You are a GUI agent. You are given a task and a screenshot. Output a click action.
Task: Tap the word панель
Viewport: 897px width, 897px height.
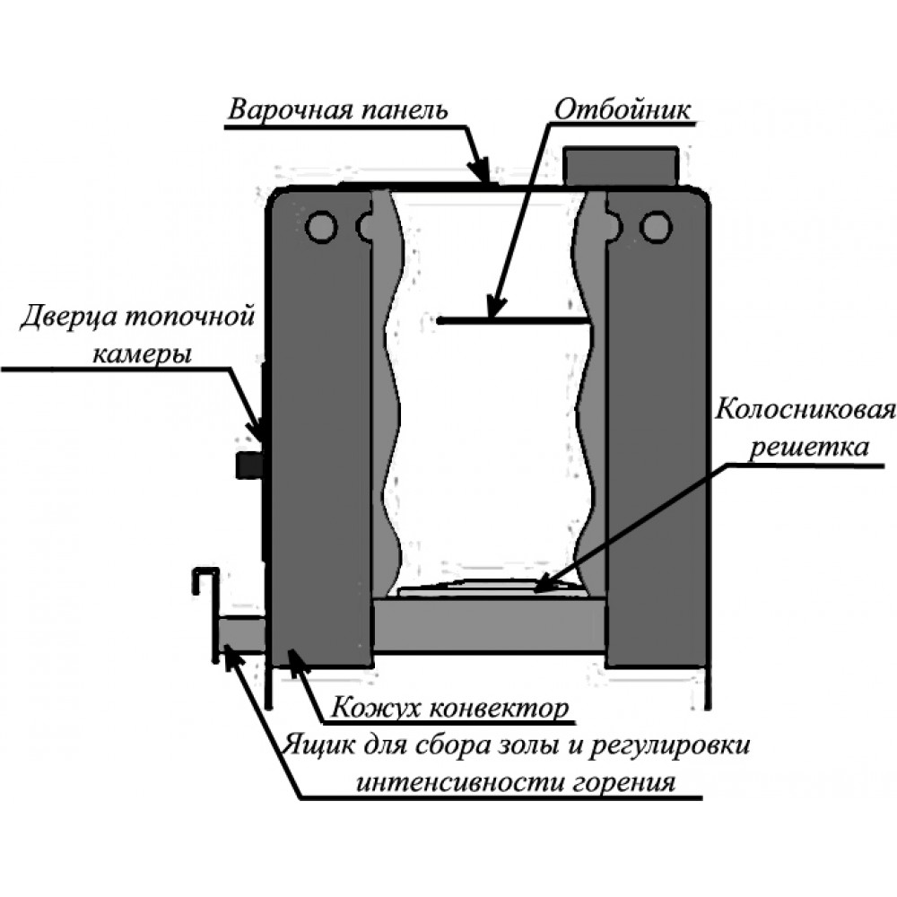coord(405,109)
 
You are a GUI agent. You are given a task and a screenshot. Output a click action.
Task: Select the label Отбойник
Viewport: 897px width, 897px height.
coord(623,109)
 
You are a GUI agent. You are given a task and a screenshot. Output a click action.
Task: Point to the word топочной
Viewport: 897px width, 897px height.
coord(188,317)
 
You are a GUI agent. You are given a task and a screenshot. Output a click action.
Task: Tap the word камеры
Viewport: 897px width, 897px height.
coord(142,354)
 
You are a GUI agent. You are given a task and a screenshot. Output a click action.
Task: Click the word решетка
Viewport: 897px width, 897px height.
coord(808,447)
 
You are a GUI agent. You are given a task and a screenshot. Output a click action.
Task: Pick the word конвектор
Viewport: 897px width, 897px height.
coord(499,710)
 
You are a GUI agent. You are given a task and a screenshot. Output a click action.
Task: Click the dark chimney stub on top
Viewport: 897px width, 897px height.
coord(621,166)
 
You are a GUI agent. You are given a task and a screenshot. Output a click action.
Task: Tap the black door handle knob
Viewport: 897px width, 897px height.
coord(248,464)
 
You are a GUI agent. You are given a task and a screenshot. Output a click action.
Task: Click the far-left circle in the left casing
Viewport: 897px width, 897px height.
coord(322,227)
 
